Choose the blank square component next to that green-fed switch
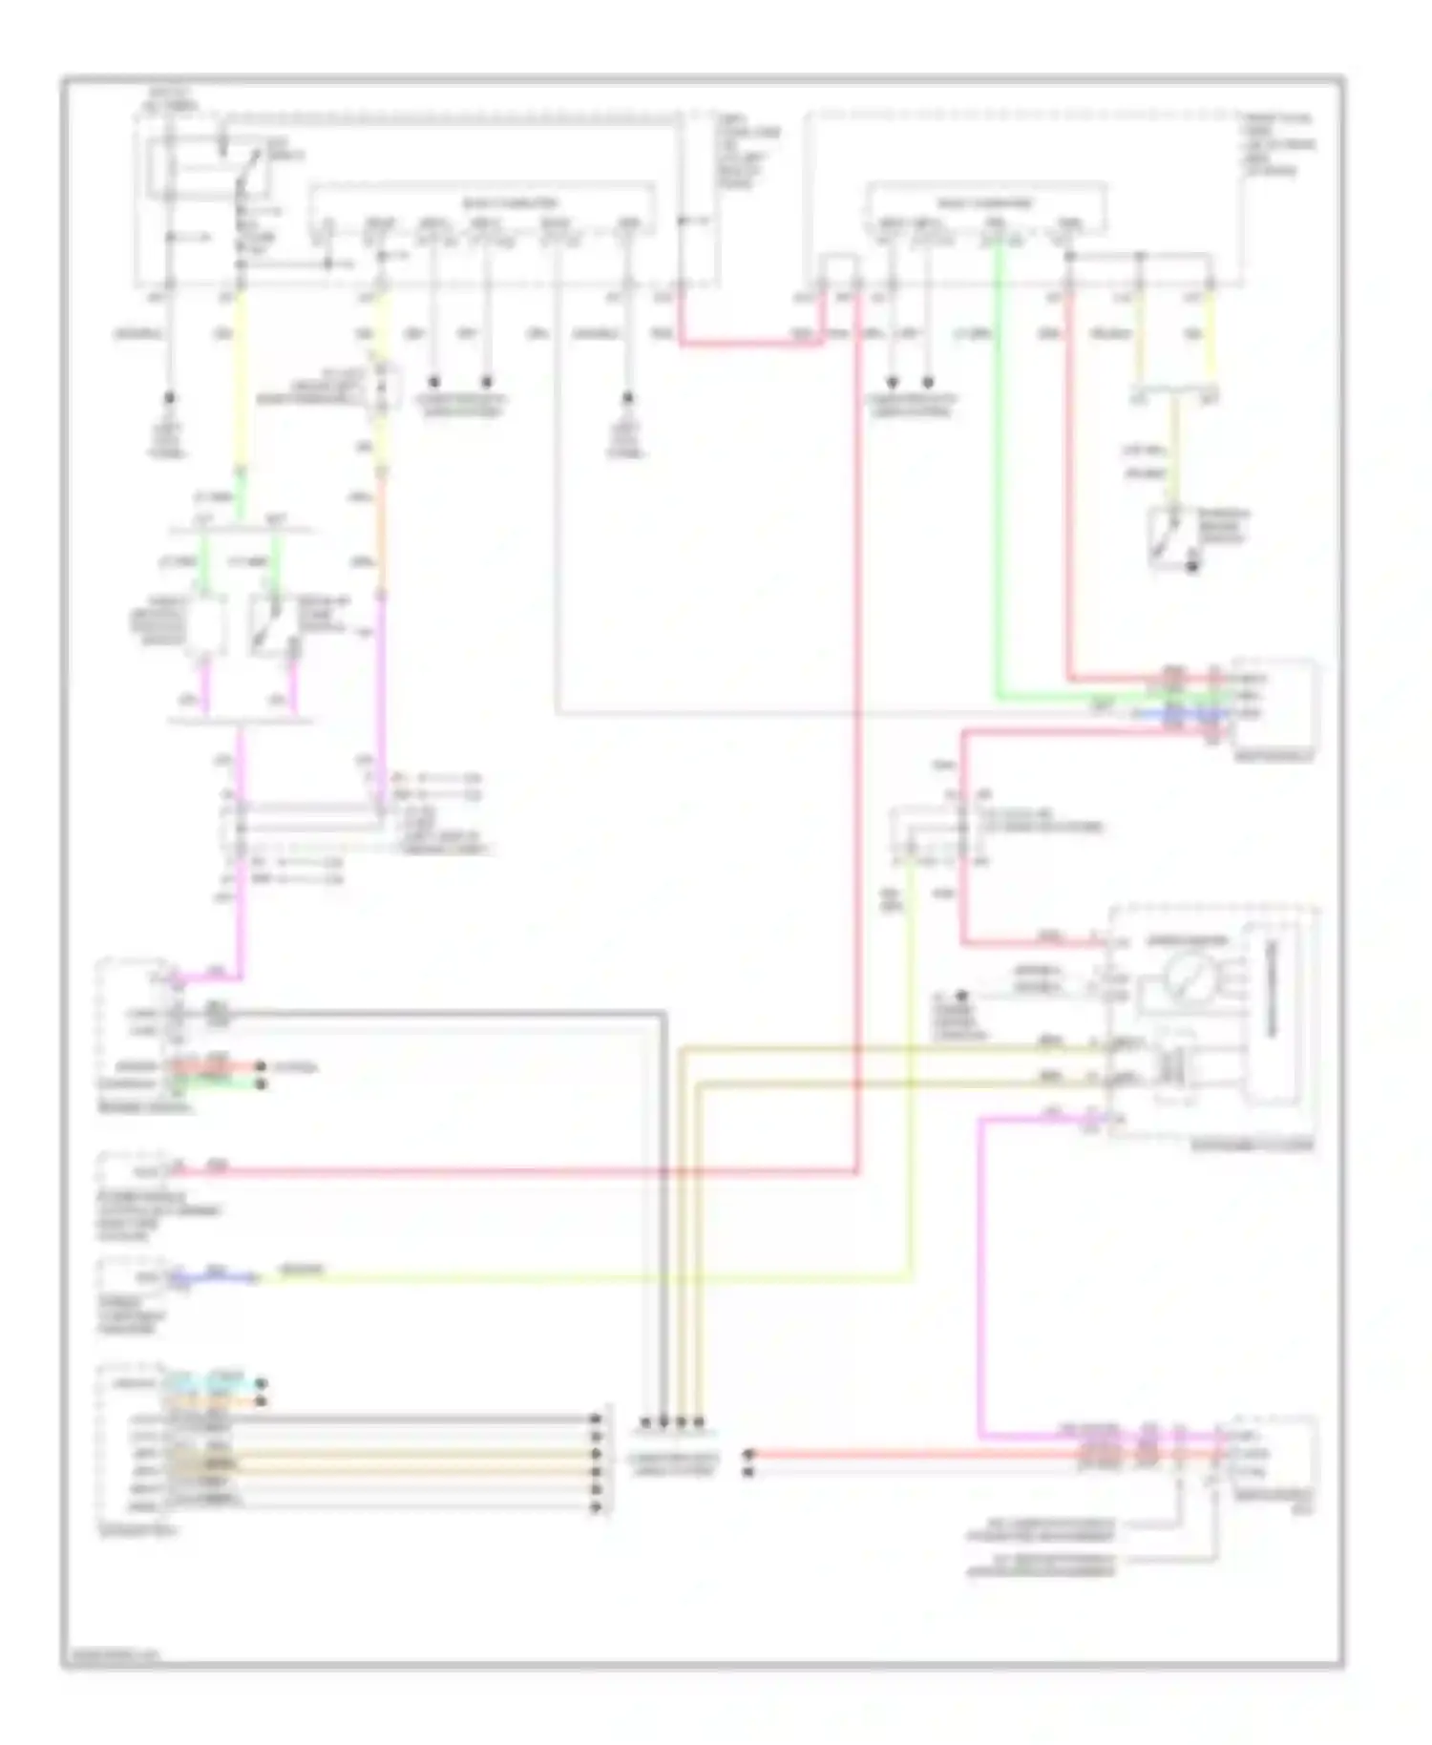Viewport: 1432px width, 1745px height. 205,626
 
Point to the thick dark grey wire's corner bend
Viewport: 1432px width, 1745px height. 663,1013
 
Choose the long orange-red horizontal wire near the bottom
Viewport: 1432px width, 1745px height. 916,1455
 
